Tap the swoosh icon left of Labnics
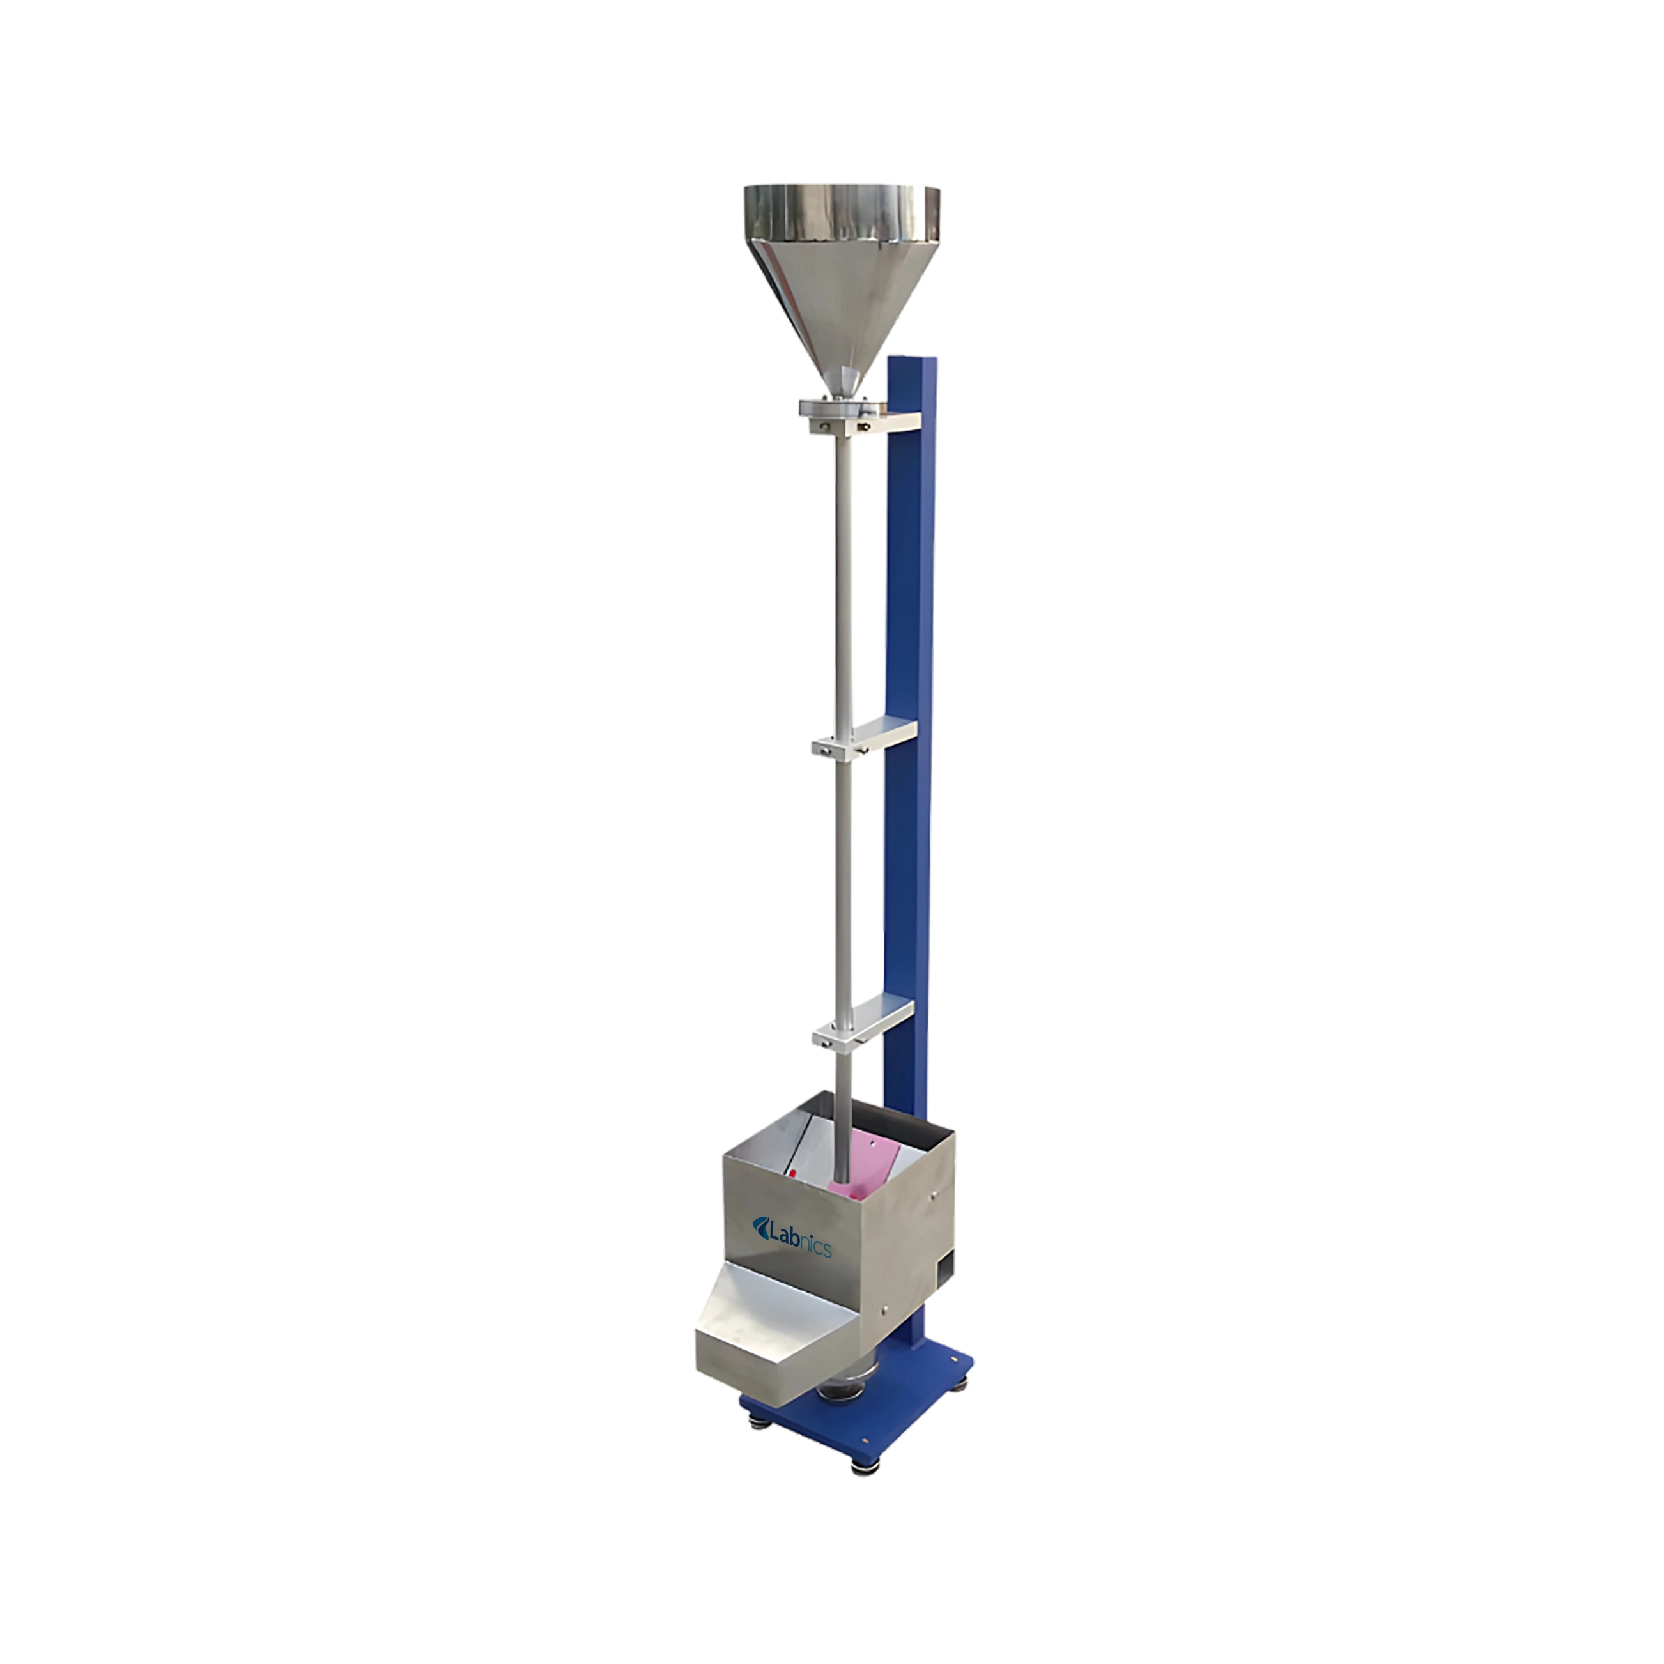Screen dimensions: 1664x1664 760,1226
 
